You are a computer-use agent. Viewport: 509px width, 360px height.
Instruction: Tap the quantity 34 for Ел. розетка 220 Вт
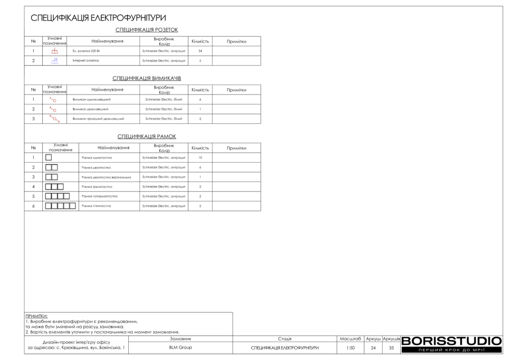pyautogui.click(x=200, y=51)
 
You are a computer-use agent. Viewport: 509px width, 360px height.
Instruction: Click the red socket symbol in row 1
pyautogui.click(x=54, y=51)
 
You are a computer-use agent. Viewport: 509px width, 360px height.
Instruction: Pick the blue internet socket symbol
pyautogui.click(x=54, y=61)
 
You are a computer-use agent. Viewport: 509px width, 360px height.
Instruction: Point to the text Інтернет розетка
pyautogui.click(x=85, y=61)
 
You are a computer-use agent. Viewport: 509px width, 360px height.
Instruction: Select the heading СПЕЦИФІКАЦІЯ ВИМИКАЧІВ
pyautogui.click(x=146, y=79)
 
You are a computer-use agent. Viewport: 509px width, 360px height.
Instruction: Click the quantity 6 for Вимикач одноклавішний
pyautogui.click(x=200, y=99)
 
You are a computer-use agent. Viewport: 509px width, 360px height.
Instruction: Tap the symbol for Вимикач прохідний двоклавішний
pyautogui.click(x=54, y=119)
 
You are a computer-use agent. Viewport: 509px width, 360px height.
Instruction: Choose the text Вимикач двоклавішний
pyautogui.click(x=90, y=109)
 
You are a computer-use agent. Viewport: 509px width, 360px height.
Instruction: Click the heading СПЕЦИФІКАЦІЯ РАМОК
pyautogui.click(x=146, y=136)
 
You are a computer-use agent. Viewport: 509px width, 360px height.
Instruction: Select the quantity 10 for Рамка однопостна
pyautogui.click(x=200, y=158)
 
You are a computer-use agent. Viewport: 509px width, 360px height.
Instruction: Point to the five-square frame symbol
pyautogui.click(x=60, y=206)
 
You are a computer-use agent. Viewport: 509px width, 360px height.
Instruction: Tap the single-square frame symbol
pyautogui.click(x=48, y=158)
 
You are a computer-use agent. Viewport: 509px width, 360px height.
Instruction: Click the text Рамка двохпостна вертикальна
pyautogui.click(x=106, y=177)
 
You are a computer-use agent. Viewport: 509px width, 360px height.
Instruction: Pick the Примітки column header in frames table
pyautogui.click(x=236, y=148)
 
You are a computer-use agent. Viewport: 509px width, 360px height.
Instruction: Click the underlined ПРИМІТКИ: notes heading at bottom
pyautogui.click(x=36, y=316)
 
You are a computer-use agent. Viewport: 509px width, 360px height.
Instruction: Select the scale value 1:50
pyautogui.click(x=350, y=348)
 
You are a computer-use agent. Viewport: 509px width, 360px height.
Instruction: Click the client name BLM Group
pyautogui.click(x=180, y=348)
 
